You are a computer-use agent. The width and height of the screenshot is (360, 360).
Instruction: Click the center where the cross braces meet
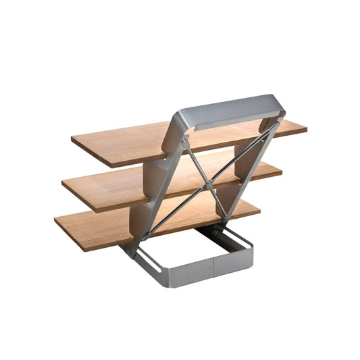coord(211,181)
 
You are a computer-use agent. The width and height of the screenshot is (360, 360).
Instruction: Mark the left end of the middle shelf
coord(66,186)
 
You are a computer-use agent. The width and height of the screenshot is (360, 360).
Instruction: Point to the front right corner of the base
coord(251,259)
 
